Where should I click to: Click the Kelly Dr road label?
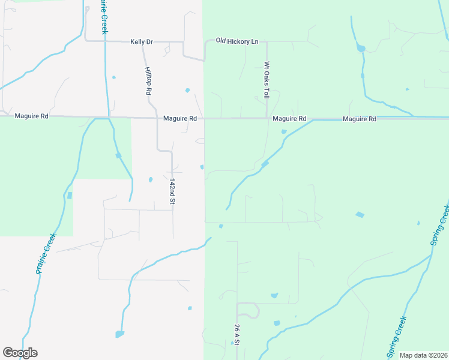pos(142,42)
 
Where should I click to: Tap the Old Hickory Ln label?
pos(237,41)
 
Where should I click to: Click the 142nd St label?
pos(172,191)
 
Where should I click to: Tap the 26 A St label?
pos(237,335)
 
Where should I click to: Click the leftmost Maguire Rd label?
pos(31,116)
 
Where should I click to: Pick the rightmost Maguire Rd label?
pos(359,119)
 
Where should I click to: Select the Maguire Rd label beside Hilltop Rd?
pos(180,119)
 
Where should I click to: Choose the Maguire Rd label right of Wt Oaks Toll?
pos(289,119)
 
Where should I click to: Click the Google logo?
pos(20,353)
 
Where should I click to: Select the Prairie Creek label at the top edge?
pos(104,17)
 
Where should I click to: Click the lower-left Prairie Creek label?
pos(46,253)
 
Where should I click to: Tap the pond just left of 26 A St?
pos(232,343)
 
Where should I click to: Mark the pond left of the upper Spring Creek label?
pos(360,214)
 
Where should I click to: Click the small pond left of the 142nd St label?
pos(151,179)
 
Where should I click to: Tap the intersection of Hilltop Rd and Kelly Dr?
pos(143,42)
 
